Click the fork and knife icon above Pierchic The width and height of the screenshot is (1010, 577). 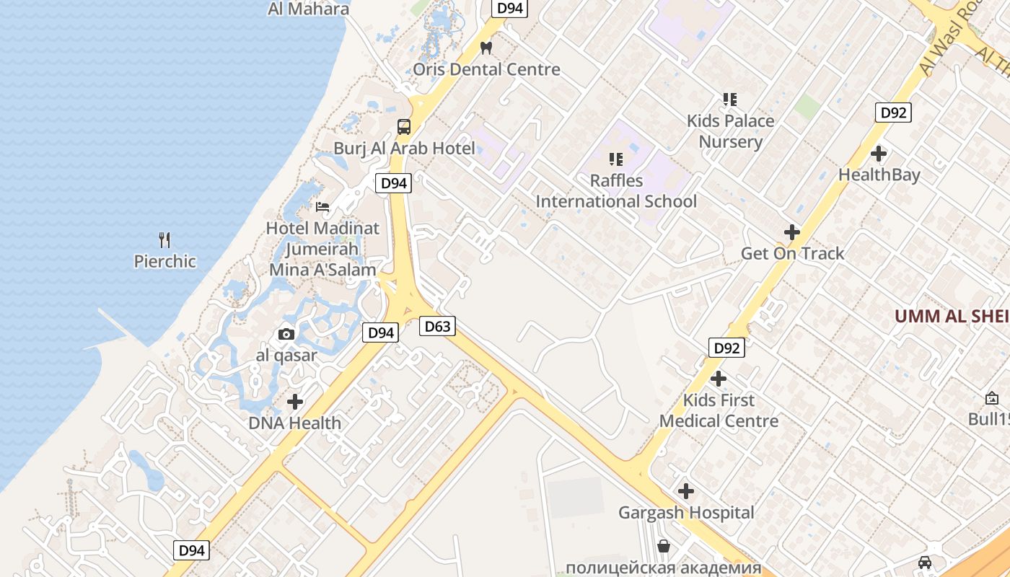coord(164,239)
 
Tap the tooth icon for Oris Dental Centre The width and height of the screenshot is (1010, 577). coord(486,48)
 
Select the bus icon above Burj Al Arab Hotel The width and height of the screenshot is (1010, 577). coord(404,127)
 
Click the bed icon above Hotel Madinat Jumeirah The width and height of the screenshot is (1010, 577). coord(322,207)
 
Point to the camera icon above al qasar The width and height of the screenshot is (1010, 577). coord(286,334)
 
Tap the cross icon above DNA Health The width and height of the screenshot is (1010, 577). coord(295,402)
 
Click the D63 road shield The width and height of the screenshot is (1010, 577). coord(437,326)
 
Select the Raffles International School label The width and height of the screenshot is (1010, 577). coord(616,191)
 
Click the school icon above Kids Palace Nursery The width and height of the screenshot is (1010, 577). coord(730,100)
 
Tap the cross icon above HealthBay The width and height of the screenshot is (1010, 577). coord(879,154)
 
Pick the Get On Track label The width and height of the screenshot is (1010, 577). coord(792,253)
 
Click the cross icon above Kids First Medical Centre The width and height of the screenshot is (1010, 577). coord(719,379)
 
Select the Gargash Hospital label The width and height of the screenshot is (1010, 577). coord(686,513)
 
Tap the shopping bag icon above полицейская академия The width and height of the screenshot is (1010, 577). coord(664,546)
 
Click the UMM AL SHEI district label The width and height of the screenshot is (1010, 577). coord(952,316)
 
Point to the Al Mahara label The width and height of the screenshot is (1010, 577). coord(308,9)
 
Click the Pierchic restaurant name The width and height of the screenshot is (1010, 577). coord(164,261)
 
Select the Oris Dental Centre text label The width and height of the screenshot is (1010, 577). coord(486,69)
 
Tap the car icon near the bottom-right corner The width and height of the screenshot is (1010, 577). coord(925,562)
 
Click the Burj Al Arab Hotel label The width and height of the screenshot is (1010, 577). coord(404,149)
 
